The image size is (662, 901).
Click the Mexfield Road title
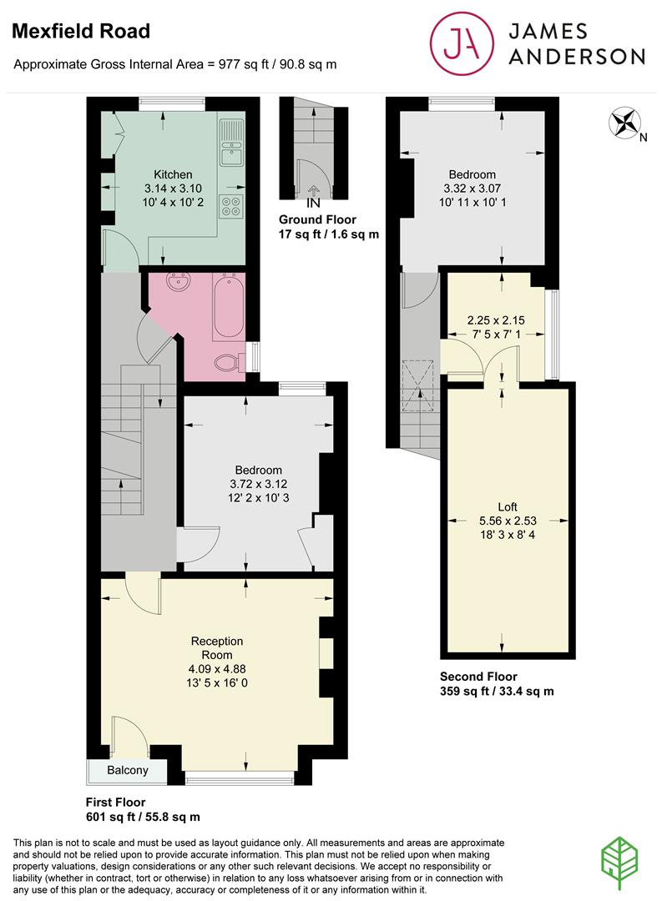80,32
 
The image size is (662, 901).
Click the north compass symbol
623,123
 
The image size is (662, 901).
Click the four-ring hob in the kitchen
230,205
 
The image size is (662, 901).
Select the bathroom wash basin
177,284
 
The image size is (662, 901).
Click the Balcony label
128,770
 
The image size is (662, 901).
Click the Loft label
508,506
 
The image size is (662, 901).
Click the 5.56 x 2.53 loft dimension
508,521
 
